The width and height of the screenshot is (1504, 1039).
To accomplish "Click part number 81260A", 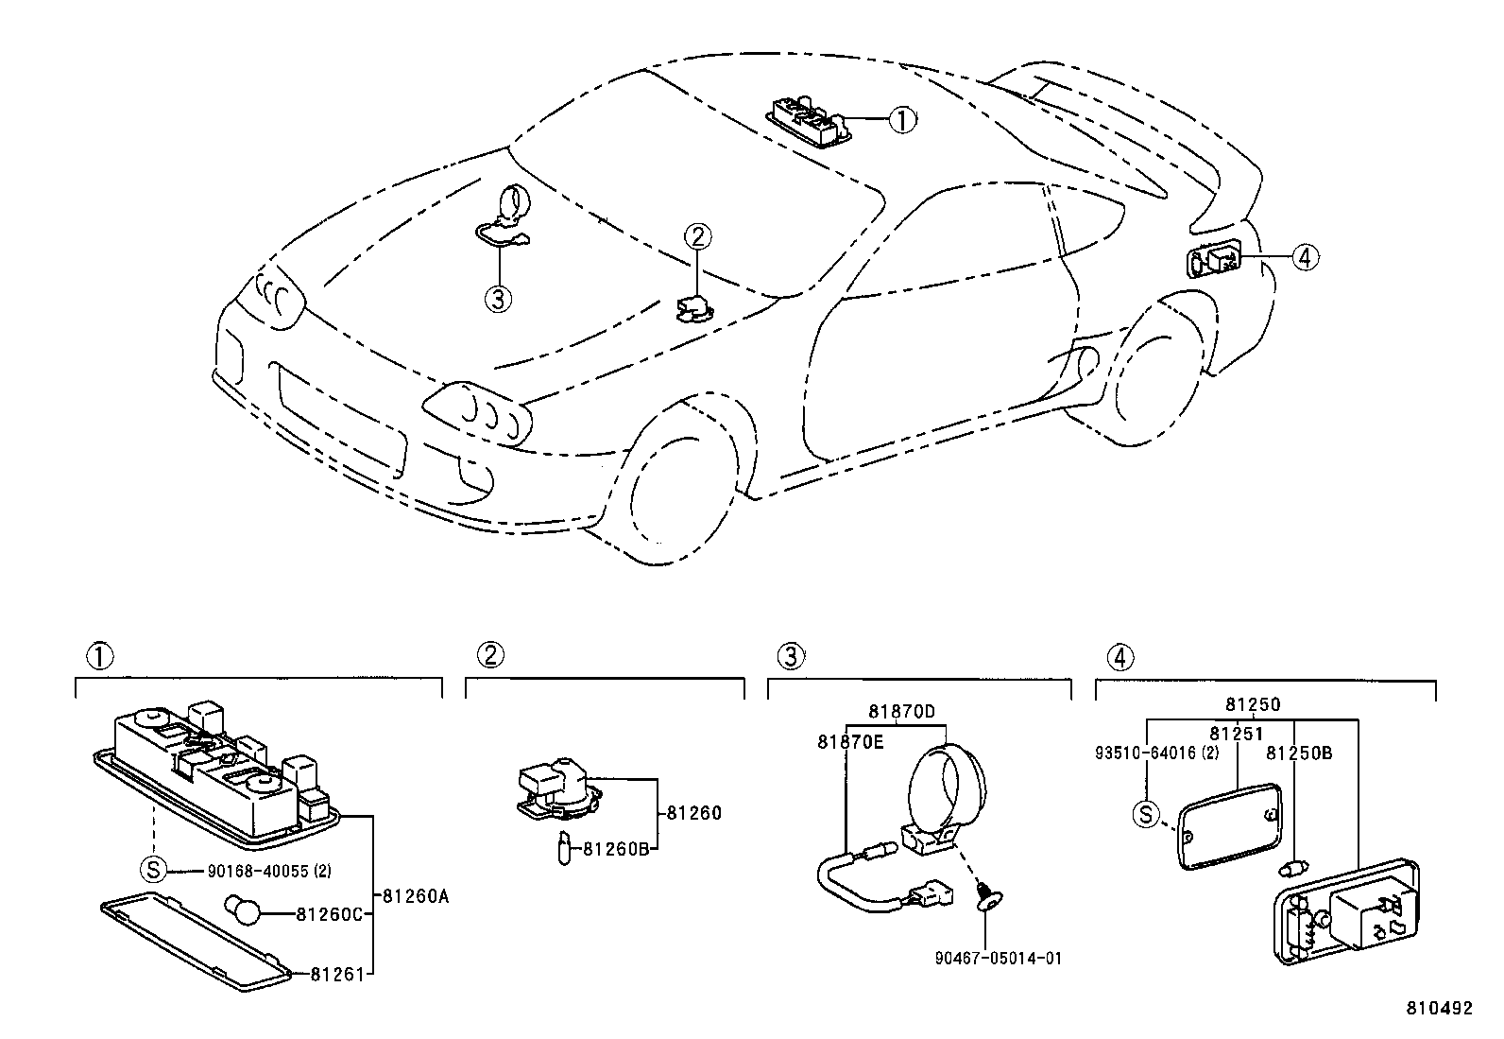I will pyautogui.click(x=416, y=895).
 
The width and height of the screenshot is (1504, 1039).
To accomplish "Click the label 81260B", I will pyautogui.click(x=615, y=849).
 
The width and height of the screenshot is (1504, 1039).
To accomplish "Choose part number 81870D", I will pyautogui.click(x=901, y=711).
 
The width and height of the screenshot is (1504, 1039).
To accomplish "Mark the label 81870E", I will pyautogui.click(x=850, y=742).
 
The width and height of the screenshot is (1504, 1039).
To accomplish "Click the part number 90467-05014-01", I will pyautogui.click(x=998, y=959).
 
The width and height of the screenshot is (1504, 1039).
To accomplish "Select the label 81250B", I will pyautogui.click(x=1299, y=753).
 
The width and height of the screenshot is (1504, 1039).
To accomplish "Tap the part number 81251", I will pyautogui.click(x=1236, y=734).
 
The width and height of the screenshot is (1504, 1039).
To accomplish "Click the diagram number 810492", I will pyautogui.click(x=1439, y=1009).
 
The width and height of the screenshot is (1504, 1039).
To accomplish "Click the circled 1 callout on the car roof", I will pyautogui.click(x=903, y=119).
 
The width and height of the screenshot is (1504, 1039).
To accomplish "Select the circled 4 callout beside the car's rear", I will pyautogui.click(x=1305, y=256).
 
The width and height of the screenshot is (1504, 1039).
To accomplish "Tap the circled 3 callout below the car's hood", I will pyautogui.click(x=498, y=299).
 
